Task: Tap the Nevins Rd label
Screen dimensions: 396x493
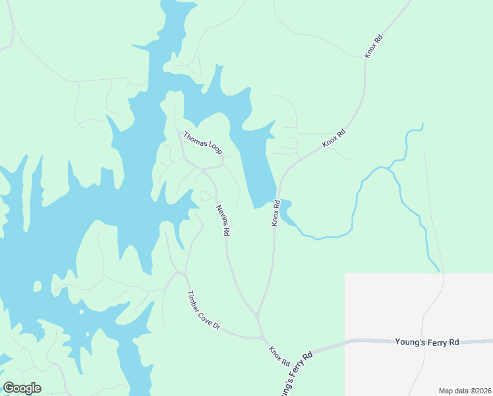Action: [223, 220]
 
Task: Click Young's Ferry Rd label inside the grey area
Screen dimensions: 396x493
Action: [426, 343]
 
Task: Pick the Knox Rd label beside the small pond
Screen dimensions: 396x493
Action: [277, 213]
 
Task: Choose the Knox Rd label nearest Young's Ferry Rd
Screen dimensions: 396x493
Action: [279, 356]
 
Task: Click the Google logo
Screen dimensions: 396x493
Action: [22, 388]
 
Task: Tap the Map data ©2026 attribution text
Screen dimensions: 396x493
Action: [464, 390]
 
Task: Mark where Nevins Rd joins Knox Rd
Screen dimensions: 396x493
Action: [257, 315]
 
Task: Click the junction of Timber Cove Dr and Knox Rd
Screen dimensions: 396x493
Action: [262, 338]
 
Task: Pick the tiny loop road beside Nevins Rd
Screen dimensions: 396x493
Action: [206, 195]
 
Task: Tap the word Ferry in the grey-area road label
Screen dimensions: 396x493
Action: [434, 343]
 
